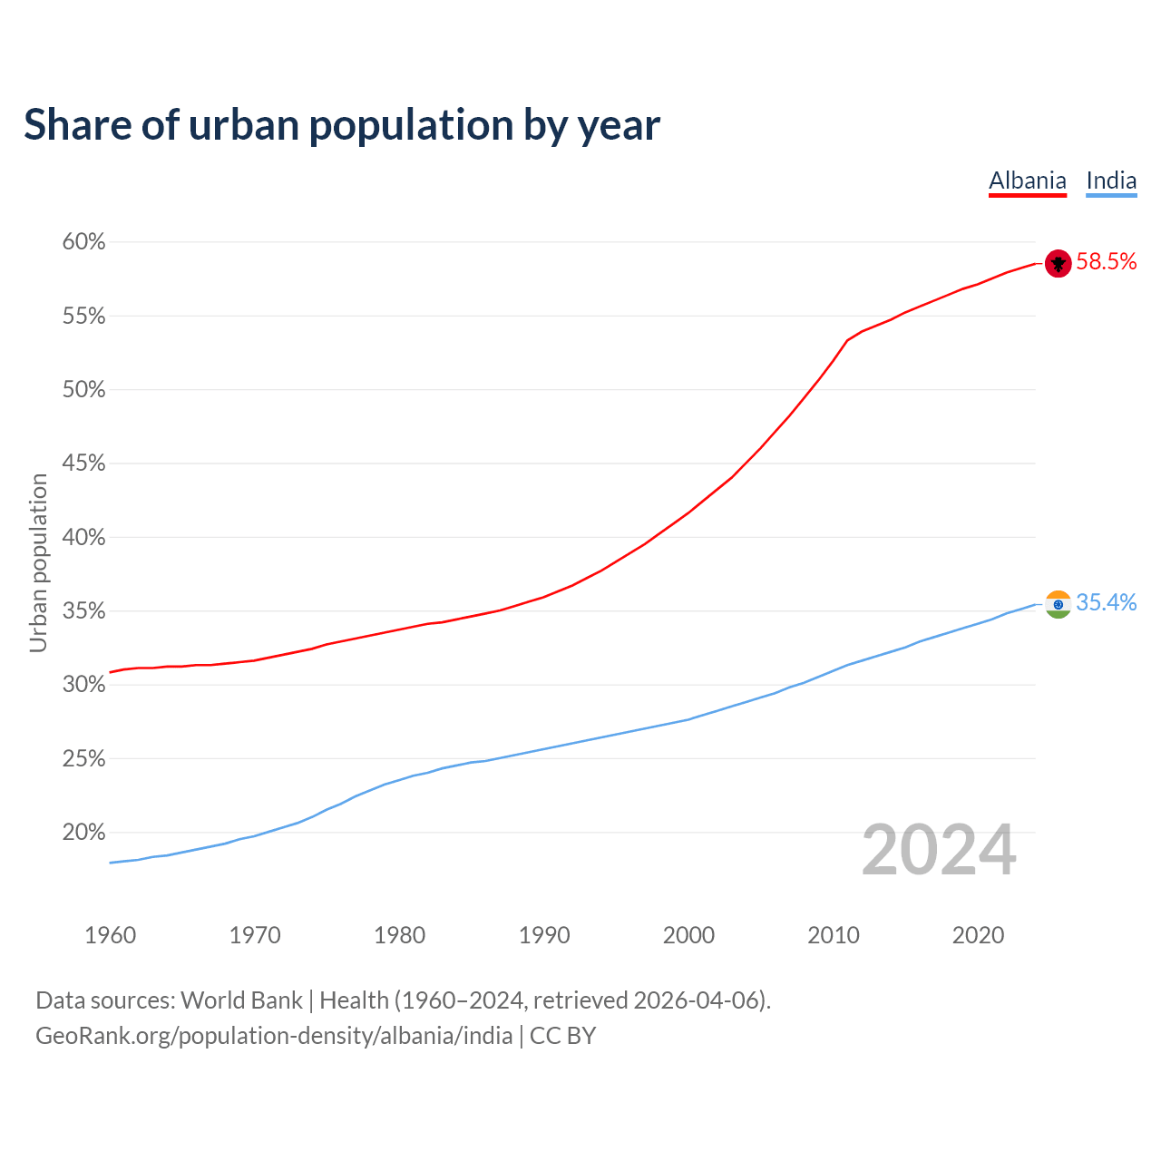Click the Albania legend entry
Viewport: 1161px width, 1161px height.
click(1027, 180)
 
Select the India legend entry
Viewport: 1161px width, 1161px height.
click(1111, 180)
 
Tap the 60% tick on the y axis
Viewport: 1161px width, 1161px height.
click(83, 242)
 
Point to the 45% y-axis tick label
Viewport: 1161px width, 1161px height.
click(83, 463)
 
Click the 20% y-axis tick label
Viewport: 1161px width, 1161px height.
click(83, 833)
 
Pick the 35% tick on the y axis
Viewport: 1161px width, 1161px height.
click(83, 611)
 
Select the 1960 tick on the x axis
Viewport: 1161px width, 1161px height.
click(110, 935)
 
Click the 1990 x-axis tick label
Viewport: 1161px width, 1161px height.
click(544, 935)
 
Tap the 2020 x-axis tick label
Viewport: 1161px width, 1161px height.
click(978, 935)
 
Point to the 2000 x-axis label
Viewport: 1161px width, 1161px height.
click(688, 935)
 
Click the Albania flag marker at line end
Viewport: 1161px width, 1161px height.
click(1059, 263)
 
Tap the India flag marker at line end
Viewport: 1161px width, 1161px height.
click(1059, 604)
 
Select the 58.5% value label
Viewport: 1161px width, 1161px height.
click(1106, 262)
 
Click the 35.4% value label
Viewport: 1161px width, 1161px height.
click(1106, 603)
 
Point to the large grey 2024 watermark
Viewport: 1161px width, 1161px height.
click(939, 850)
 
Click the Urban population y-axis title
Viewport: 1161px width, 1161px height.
click(38, 562)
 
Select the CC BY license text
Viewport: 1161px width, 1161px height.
click(562, 1036)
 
